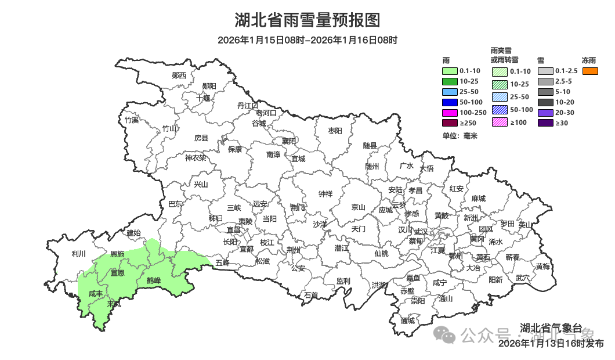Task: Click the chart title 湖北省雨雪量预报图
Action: click(307, 20)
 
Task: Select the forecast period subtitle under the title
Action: click(307, 40)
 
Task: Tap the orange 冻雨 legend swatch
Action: click(589, 71)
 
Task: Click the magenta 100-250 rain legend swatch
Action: click(450, 113)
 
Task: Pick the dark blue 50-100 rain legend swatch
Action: click(450, 102)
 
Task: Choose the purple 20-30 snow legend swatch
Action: click(545, 113)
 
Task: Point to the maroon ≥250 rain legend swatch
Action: click(450, 123)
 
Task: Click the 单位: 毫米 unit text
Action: click(460, 135)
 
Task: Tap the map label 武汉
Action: click(421, 232)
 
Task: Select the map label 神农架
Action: click(196, 157)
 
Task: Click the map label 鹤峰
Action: click(153, 281)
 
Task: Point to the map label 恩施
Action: click(117, 254)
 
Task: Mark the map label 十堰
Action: click(203, 98)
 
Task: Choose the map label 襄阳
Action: click(289, 141)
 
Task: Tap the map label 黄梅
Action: click(543, 267)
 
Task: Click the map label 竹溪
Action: click(132, 120)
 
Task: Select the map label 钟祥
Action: click(325, 195)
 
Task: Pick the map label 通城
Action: click(408, 321)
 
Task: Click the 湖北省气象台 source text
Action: click(550, 328)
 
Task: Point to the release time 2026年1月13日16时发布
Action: click(551, 344)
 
